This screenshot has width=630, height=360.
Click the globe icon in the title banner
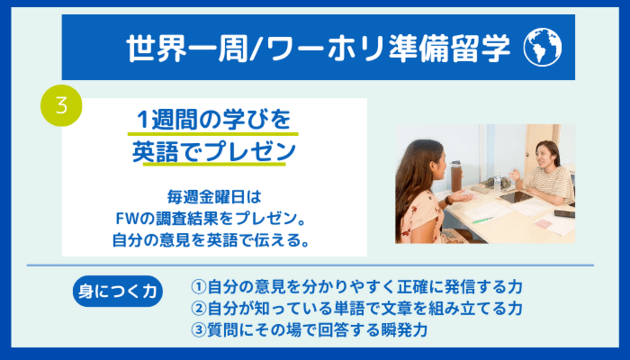click(x=542, y=47)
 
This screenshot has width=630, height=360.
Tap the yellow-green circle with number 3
click(x=61, y=106)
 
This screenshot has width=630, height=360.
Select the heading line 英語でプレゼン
click(x=214, y=151)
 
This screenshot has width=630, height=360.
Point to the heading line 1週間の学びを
click(x=214, y=120)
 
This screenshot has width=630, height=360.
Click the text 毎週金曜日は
click(x=214, y=197)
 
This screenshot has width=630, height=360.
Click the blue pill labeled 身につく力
click(x=118, y=291)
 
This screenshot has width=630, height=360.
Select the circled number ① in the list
click(x=199, y=287)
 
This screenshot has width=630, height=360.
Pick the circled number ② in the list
click(x=199, y=308)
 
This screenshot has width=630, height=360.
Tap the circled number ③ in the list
click(x=199, y=330)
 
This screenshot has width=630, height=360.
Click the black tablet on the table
click(x=516, y=197)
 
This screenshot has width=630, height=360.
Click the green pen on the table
click(x=482, y=220)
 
